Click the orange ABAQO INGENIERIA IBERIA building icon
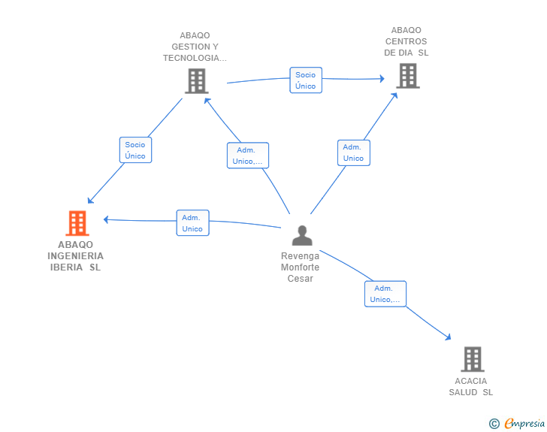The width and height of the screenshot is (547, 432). (x=77, y=223)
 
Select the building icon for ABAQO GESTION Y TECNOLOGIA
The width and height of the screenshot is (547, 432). (x=196, y=80)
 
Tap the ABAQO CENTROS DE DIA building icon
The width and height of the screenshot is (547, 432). (x=407, y=75)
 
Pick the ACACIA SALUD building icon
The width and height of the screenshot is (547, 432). (x=472, y=359)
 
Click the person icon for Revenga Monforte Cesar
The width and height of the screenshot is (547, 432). (x=302, y=235)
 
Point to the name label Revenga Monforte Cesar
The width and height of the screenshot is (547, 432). (x=300, y=267)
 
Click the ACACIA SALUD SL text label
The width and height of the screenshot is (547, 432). (x=471, y=386)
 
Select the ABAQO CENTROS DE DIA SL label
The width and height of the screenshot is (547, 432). (x=406, y=41)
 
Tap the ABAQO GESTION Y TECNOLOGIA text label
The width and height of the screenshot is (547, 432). (x=195, y=47)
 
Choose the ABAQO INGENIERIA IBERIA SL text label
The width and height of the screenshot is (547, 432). (x=75, y=255)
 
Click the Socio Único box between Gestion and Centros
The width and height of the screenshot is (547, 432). (x=306, y=80)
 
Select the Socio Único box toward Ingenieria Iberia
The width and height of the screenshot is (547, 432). (x=135, y=150)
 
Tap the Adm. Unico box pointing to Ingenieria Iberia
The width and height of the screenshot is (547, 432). (x=192, y=223)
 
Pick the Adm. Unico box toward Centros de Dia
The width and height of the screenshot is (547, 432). (x=353, y=153)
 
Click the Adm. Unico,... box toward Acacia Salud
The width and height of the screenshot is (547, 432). (x=385, y=294)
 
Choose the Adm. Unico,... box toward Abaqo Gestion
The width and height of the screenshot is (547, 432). (x=248, y=156)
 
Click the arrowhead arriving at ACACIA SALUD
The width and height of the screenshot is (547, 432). (x=449, y=339)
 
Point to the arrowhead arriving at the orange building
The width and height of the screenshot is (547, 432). (x=106, y=219)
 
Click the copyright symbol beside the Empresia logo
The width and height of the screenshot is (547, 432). (x=494, y=424)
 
